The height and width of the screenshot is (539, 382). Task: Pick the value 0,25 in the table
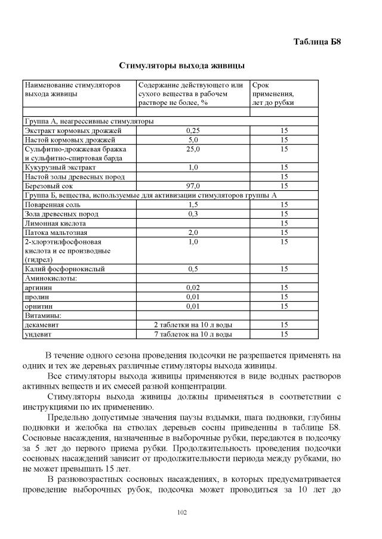[192, 131]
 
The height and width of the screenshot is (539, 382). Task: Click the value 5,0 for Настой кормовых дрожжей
[192, 140]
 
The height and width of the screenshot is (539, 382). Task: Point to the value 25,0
[192, 149]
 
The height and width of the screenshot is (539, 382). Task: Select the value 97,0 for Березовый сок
[192, 186]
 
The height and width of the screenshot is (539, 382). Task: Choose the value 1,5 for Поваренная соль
[192, 205]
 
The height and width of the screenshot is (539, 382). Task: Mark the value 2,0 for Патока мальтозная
[192, 233]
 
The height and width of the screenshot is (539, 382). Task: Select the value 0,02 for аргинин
[192, 287]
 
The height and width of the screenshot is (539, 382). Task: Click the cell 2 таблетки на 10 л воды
[192, 324]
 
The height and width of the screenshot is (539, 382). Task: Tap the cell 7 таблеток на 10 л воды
[192, 334]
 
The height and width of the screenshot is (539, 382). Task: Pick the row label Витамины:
[43, 315]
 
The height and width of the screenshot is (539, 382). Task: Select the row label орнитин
[38, 306]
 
